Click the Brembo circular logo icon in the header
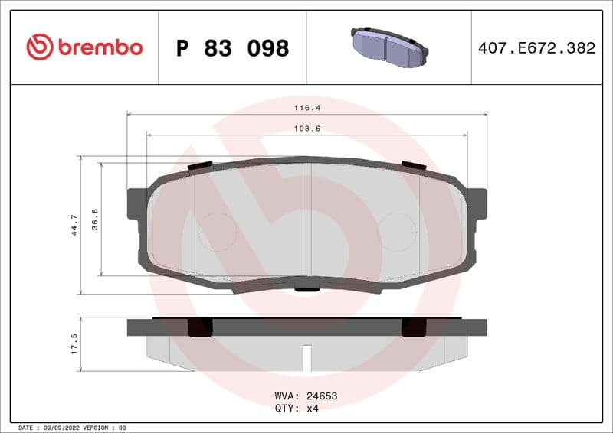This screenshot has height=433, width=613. tap(39, 47)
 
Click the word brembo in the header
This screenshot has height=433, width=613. tap(99, 47)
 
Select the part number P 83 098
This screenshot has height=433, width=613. tap(232, 48)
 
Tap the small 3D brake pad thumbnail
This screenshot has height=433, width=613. tap(388, 47)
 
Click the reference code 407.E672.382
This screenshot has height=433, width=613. tap(536, 48)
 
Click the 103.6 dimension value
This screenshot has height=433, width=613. tap(306, 129)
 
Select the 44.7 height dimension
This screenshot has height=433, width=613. tap(74, 225)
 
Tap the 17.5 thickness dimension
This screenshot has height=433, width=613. tap(74, 343)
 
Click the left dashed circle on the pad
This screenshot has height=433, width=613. tap(218, 231)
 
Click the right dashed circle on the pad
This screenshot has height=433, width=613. tap(397, 231)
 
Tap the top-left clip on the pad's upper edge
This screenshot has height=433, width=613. tap(200, 165)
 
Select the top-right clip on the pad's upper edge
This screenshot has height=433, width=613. tap(414, 165)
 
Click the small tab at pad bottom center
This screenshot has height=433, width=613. tap(306, 288)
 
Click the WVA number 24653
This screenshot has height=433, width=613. tap(322, 396)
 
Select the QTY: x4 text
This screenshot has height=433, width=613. tap(296, 409)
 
